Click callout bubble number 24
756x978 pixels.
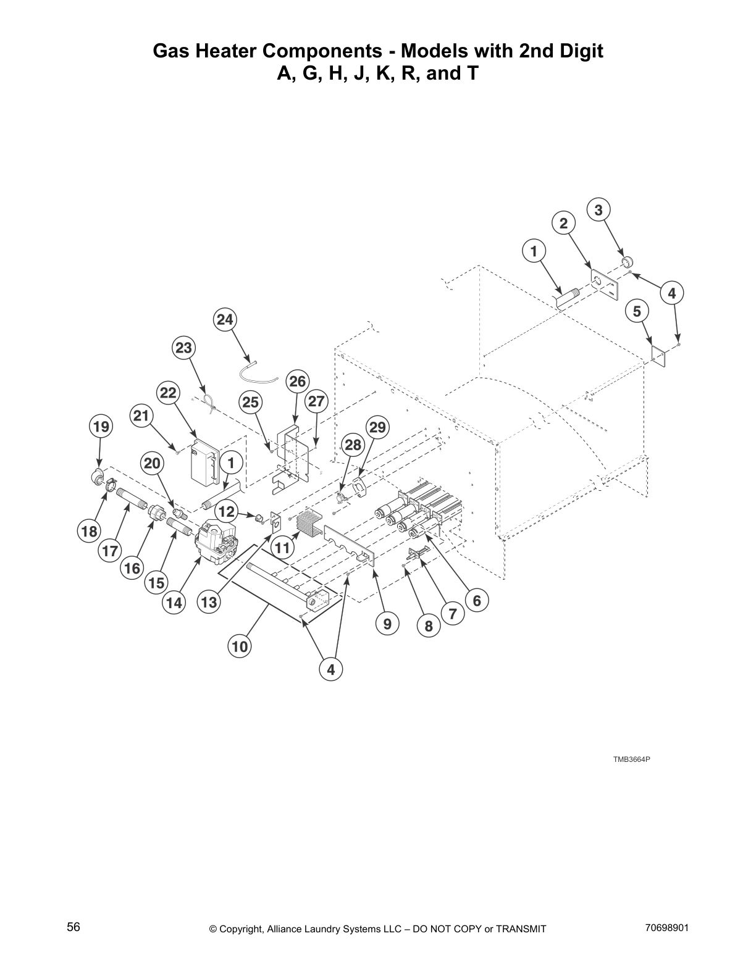(225, 320)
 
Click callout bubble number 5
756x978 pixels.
(637, 311)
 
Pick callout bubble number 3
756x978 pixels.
(598, 210)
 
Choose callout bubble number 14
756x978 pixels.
(174, 603)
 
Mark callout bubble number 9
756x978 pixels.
(387, 624)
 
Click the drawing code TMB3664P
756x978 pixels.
(631, 759)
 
